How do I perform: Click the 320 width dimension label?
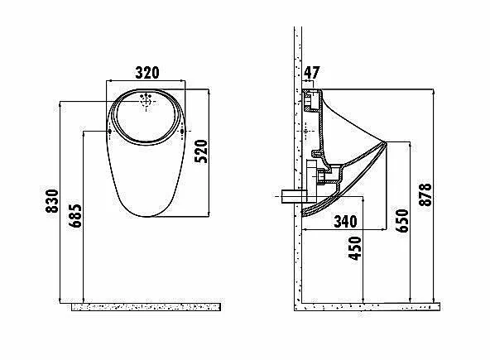[x=147, y=73]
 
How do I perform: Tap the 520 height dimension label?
[x=201, y=151]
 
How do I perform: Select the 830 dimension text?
[x=52, y=201]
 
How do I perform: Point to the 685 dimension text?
[x=75, y=216]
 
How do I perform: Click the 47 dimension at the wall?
[x=312, y=73]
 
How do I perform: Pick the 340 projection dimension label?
[x=346, y=222]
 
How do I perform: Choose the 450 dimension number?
[x=355, y=248]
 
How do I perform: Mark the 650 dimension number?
[x=402, y=221]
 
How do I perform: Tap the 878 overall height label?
[x=425, y=194]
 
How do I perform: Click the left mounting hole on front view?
[x=110, y=132]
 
